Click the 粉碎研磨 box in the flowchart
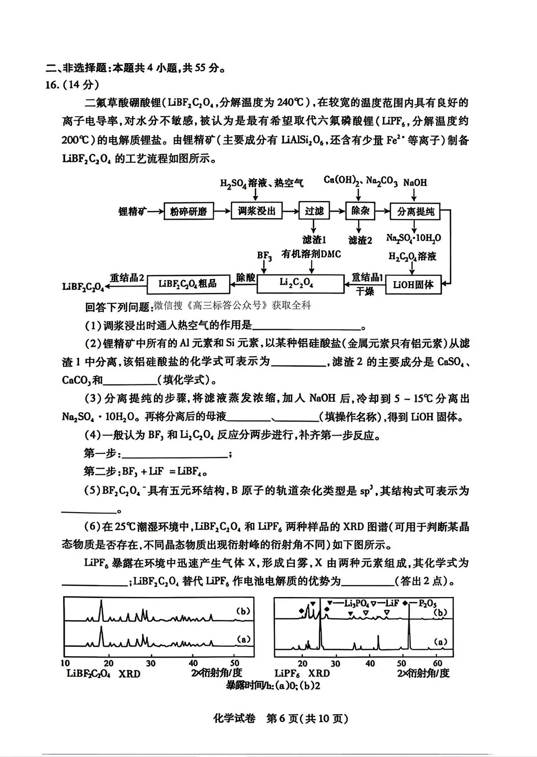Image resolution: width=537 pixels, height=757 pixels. (188, 212)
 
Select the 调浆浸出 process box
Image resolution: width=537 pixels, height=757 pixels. (257, 211)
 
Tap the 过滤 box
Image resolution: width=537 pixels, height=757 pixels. (314, 211)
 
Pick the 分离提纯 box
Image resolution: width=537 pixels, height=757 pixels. (416, 212)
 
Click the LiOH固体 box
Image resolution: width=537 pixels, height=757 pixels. (413, 285)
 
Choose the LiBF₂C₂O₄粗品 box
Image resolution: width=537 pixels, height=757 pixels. (188, 284)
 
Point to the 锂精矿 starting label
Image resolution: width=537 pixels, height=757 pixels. (133, 212)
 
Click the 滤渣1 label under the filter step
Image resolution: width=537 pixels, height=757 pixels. (314, 240)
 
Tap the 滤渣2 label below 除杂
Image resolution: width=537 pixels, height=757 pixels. (360, 240)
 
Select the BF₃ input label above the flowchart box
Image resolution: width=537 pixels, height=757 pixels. (265, 256)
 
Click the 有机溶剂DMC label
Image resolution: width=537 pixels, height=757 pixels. (311, 254)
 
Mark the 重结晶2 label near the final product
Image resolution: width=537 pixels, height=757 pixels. (127, 278)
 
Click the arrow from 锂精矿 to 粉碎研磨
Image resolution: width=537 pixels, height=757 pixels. (156, 212)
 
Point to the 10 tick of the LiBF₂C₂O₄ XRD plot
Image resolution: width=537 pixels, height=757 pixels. (65, 663)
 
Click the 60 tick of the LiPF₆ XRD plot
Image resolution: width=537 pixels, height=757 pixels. (438, 663)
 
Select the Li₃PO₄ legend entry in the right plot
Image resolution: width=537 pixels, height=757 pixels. (349, 603)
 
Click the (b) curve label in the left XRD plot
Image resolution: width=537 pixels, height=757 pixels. (243, 611)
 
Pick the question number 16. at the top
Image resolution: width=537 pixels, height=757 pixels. (52, 84)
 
